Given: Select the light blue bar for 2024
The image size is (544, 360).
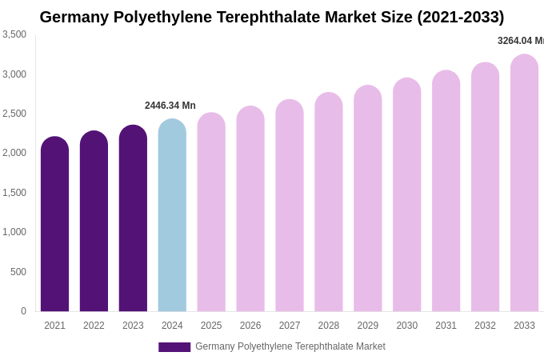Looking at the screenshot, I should click(172, 215).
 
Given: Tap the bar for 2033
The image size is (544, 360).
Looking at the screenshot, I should click(524, 183).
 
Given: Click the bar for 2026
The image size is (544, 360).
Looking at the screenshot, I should click(250, 209).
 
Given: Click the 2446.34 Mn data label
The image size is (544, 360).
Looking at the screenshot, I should click(170, 106).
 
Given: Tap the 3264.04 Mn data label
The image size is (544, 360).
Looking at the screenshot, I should click(520, 41).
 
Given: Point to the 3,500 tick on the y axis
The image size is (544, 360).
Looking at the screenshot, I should click(14, 34).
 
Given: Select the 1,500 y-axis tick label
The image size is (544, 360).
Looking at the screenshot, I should click(14, 193).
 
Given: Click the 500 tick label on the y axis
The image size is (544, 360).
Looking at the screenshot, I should click(18, 272).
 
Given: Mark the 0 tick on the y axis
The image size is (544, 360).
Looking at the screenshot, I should click(23, 311).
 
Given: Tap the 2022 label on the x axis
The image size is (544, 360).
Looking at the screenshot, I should click(94, 326).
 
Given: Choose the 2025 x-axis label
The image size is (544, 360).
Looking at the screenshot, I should click(211, 326).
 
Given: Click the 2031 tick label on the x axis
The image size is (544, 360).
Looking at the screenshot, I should click(446, 326).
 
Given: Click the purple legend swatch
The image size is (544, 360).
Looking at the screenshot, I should click(174, 347).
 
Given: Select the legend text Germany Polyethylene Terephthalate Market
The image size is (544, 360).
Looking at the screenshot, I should click(290, 346).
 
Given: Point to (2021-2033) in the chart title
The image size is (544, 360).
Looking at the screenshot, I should click(461, 17).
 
